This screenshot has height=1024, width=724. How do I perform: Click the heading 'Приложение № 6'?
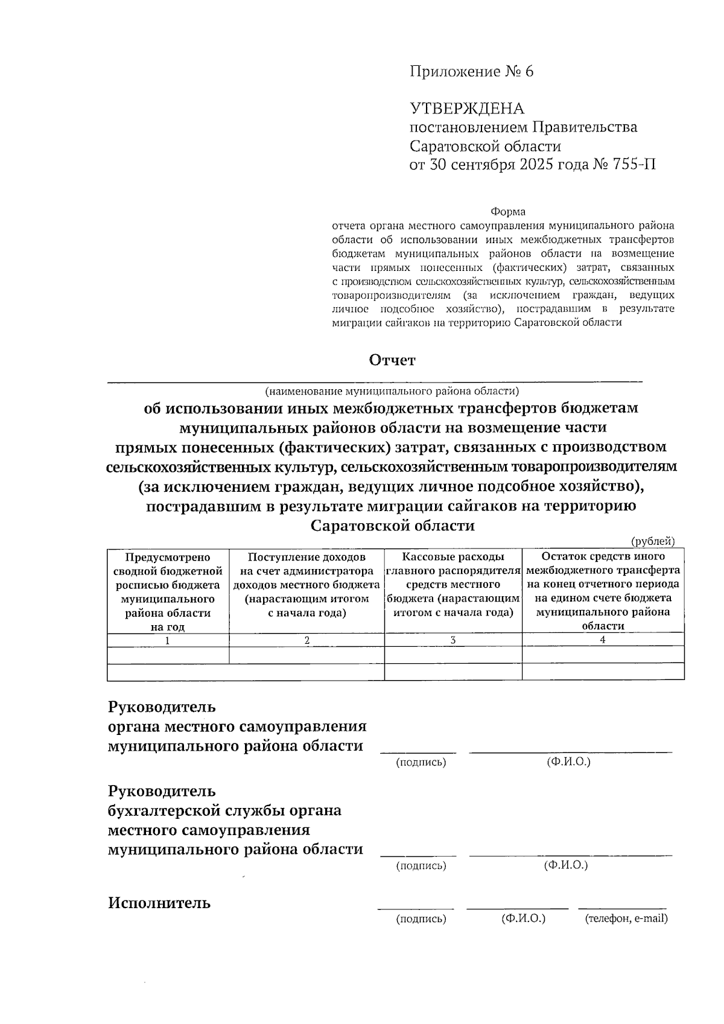pos(472,72)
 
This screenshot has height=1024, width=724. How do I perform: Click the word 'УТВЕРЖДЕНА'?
pos(467,109)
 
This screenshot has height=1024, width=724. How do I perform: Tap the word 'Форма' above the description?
pos(507,212)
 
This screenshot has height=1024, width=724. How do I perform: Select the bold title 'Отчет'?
pos(392,360)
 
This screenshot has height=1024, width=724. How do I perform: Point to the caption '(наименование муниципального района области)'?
pos(392,390)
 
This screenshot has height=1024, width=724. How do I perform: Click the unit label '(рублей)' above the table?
pos(653,541)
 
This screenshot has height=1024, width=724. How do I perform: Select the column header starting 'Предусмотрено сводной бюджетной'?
pos(168,591)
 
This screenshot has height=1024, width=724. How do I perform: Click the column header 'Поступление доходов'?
pos(306,585)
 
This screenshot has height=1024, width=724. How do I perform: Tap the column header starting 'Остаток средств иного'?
pos(603,591)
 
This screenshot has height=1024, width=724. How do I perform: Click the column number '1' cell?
pos(168,641)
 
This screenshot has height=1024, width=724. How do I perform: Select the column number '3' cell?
pos(453,640)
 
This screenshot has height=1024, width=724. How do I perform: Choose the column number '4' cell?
pos(603,640)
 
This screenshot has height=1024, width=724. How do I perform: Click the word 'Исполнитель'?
pos(159,903)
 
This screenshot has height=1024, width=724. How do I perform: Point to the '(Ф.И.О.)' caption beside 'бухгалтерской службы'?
pos(566,865)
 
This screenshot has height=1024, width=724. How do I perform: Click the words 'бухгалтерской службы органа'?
pos(224,810)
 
